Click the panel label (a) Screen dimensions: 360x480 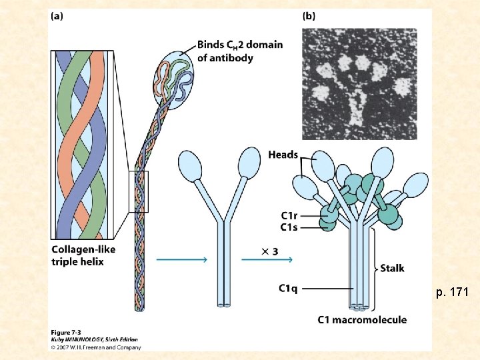pos(57,16)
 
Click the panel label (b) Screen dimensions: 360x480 pos(309,16)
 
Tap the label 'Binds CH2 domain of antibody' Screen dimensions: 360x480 pos(239,51)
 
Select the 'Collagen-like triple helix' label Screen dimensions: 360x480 pos(77,255)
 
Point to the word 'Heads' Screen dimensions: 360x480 pos(283,155)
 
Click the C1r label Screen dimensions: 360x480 pos(289,215)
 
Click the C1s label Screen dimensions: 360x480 pos(289,227)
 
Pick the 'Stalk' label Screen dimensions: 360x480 pos(392,269)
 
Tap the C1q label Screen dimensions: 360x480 pos(288,288)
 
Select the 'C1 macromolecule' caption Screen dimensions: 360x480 pos(362,320)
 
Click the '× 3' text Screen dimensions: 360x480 pos(269,251)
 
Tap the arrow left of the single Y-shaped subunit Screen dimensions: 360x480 pos(179,260)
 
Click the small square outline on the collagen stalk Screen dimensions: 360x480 pos(138,192)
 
